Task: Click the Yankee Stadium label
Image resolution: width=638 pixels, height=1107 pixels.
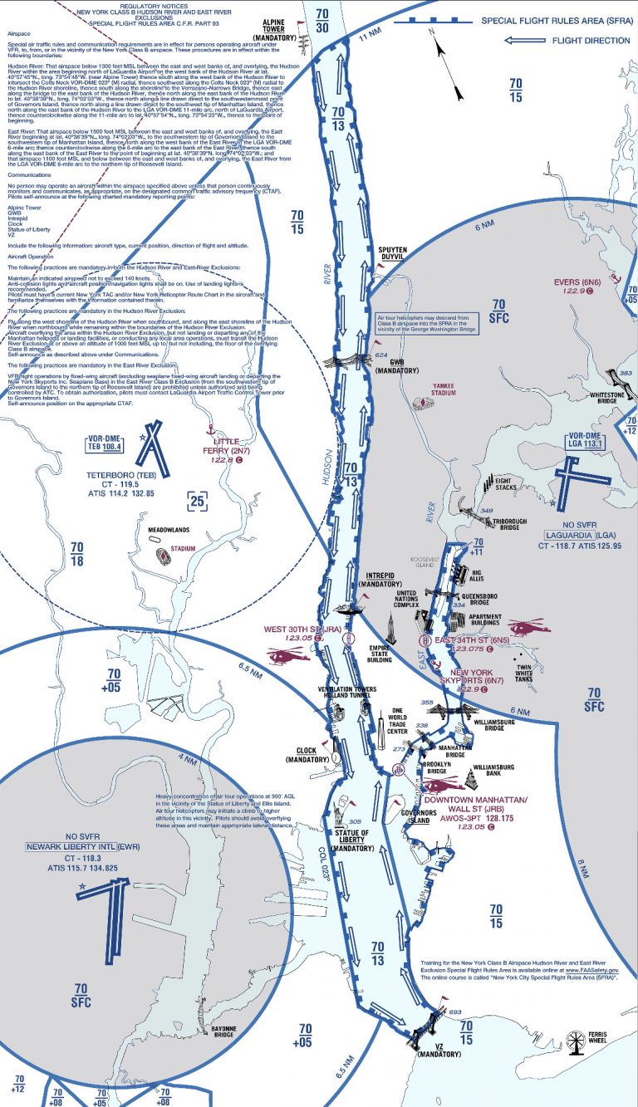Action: [x=446, y=392]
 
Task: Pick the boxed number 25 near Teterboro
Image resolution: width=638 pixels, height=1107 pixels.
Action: [x=196, y=500]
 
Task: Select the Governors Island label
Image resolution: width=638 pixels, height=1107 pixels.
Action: [x=417, y=816]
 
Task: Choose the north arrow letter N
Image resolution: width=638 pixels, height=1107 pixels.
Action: [x=431, y=32]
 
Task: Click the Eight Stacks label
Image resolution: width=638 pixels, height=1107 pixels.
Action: [x=506, y=484]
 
